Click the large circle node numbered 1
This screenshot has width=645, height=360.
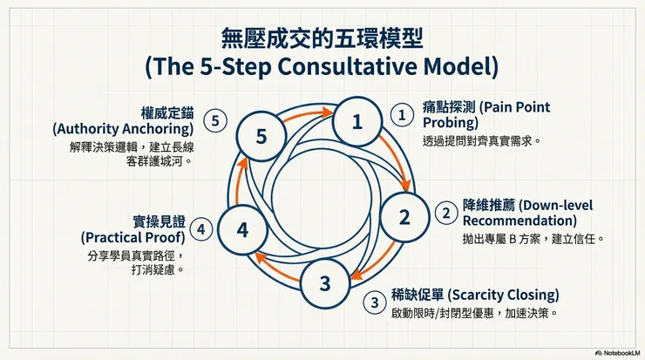pos(356,123)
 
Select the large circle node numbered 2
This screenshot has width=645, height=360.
pos(404,217)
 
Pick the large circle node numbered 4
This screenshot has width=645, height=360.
pos(242,230)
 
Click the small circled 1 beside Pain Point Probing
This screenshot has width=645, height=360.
pos(401,115)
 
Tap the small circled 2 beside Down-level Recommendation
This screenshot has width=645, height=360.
pos(445,212)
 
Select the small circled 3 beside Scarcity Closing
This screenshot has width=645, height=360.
pos(375,302)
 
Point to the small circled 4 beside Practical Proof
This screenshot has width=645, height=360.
pos(201,229)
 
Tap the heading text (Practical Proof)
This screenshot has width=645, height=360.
pos(133,237)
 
